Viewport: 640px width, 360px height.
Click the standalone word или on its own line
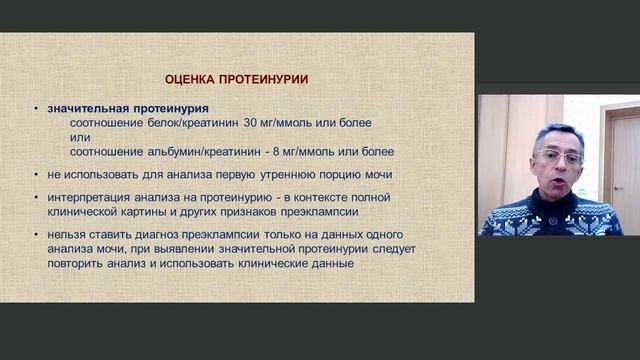[79, 137]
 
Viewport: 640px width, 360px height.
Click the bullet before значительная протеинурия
[36, 108]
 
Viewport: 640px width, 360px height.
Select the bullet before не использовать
[36, 174]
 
